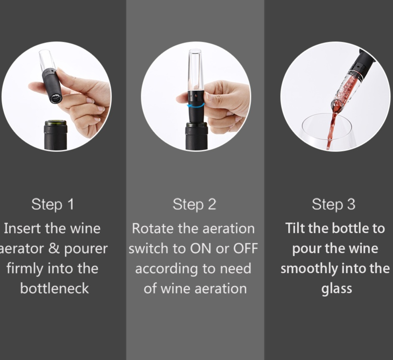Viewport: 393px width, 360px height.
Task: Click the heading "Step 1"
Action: click(53, 204)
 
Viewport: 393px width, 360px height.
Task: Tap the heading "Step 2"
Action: click(194, 204)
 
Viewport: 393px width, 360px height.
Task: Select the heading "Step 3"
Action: click(334, 204)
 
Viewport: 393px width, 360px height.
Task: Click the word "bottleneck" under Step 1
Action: click(55, 288)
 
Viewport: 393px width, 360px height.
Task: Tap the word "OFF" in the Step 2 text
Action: click(246, 249)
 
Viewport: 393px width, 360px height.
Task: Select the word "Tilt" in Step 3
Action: click(295, 228)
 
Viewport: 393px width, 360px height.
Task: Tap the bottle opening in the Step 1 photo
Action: click(56, 123)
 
